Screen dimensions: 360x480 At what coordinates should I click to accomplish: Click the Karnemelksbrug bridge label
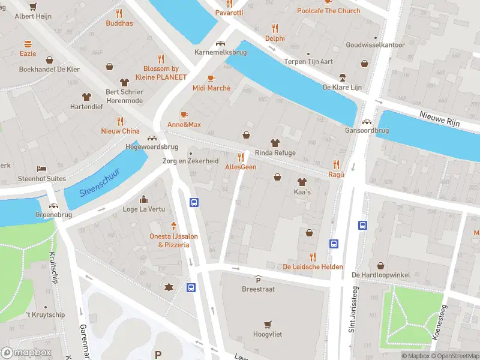coord(221,53)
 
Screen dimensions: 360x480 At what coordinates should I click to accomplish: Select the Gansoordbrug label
coord(367,130)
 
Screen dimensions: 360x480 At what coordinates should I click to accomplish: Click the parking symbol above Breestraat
coord(259,280)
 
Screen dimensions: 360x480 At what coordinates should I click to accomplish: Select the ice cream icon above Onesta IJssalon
coord(173,226)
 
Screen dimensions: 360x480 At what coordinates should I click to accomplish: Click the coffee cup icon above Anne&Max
coord(184,115)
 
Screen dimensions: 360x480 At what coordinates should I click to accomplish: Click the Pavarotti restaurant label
coord(229,13)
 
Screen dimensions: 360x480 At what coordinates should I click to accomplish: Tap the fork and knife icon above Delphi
coord(275,28)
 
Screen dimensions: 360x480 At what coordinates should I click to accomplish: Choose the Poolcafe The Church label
coord(329,11)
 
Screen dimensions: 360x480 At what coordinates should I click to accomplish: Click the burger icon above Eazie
coord(28,44)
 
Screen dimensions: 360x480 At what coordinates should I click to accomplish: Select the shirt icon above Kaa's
coord(301,182)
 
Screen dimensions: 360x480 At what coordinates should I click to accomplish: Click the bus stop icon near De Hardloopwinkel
coord(363,226)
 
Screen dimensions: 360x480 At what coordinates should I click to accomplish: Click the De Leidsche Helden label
coord(313,266)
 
